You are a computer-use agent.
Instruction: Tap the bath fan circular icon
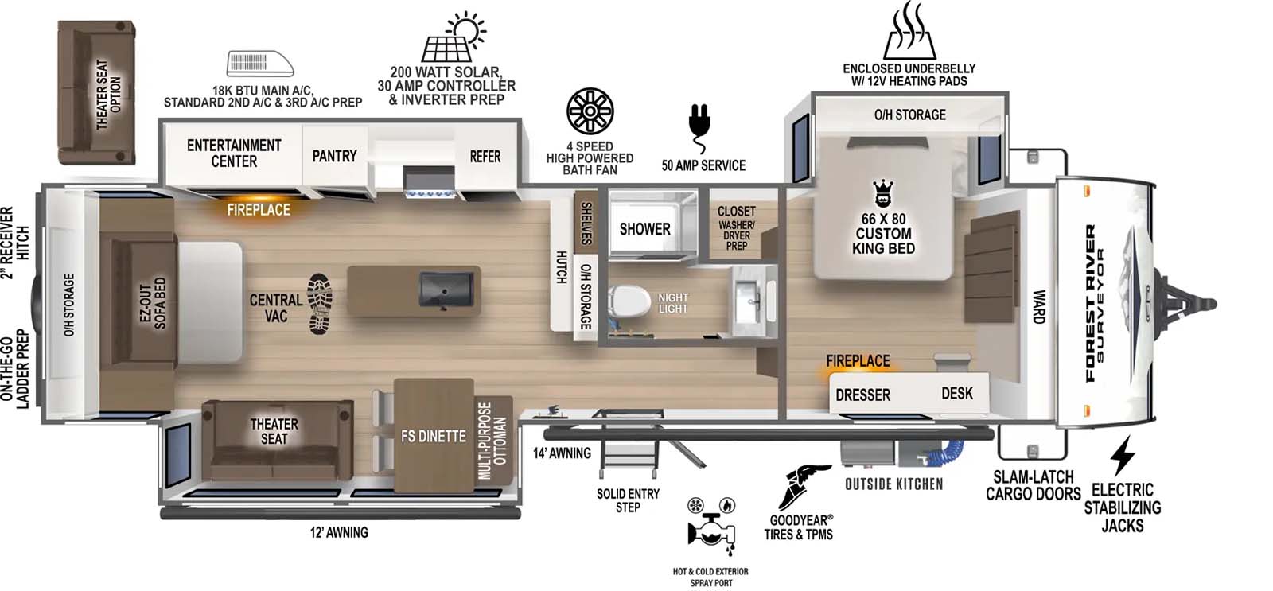(590, 111)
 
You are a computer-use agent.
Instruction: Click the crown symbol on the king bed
(883, 193)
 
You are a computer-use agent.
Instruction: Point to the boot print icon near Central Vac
(320, 303)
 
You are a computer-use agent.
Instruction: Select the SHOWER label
(644, 229)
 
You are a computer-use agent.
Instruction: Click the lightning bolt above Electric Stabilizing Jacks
(1123, 456)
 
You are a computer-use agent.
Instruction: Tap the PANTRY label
(334, 156)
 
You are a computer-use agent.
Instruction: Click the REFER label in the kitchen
(485, 157)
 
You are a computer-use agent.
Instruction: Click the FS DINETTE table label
(433, 436)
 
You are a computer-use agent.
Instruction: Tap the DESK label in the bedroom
(956, 393)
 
